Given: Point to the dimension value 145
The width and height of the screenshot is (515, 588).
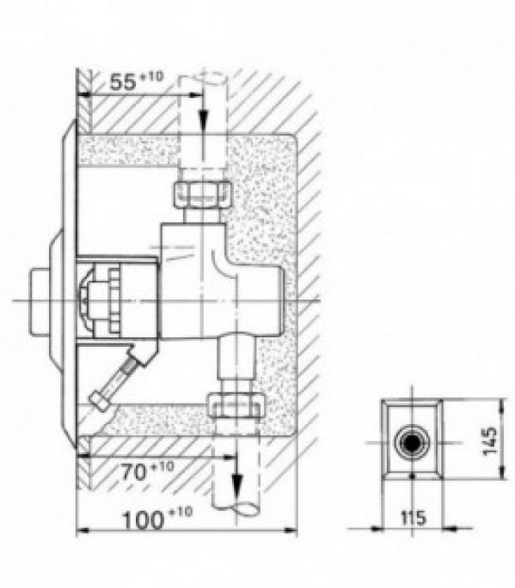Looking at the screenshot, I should (x=489, y=443).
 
